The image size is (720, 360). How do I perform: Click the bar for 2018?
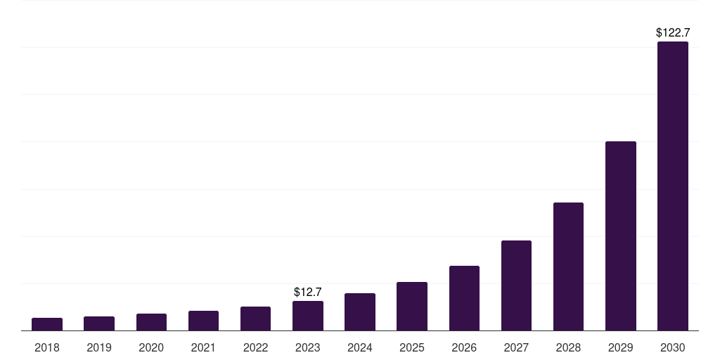point(47,324)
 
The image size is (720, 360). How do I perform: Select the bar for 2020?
point(151,322)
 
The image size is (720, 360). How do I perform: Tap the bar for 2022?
point(255,319)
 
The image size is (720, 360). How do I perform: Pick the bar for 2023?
point(307,316)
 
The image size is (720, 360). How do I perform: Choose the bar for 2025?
point(411,307)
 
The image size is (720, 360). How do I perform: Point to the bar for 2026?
point(464,298)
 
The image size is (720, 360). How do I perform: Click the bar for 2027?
point(516,285)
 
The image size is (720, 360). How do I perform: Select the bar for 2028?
point(568,266)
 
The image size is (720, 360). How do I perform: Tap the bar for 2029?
point(620,236)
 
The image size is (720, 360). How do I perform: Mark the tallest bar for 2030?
point(672,186)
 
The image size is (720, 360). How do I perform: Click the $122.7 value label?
point(672,32)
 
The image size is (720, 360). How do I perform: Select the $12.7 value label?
point(307,292)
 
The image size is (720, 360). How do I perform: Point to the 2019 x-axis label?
point(99,347)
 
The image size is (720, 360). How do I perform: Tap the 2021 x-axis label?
point(203,347)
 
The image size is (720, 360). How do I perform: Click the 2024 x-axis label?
point(359,347)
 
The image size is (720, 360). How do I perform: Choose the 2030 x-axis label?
point(672,347)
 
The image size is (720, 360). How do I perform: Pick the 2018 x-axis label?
point(47,347)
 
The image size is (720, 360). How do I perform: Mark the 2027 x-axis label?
point(516,347)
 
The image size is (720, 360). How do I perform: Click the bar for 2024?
point(359,312)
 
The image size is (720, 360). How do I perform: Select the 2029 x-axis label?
point(620,347)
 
